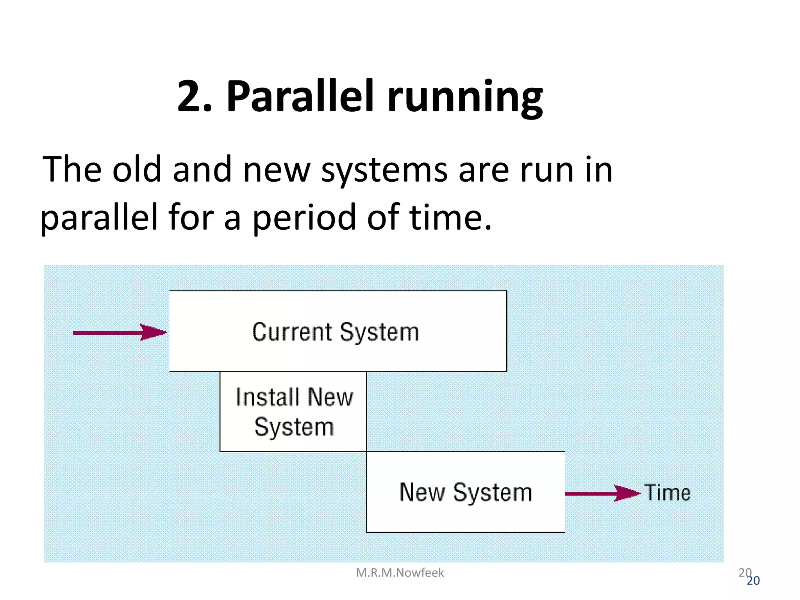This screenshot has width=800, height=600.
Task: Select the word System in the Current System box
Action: (379, 333)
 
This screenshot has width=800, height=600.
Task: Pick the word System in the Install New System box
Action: (294, 427)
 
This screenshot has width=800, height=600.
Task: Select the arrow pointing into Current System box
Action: (120, 332)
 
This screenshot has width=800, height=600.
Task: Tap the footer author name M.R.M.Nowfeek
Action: (400, 573)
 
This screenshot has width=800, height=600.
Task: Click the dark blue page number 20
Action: (753, 581)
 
